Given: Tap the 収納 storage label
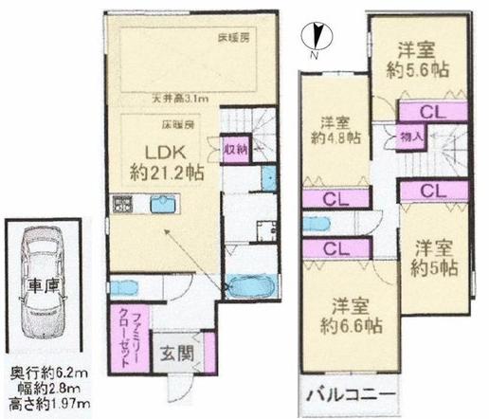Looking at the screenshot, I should pyautogui.click(x=235, y=149).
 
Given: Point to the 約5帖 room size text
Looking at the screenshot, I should pyautogui.click(x=436, y=266).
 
